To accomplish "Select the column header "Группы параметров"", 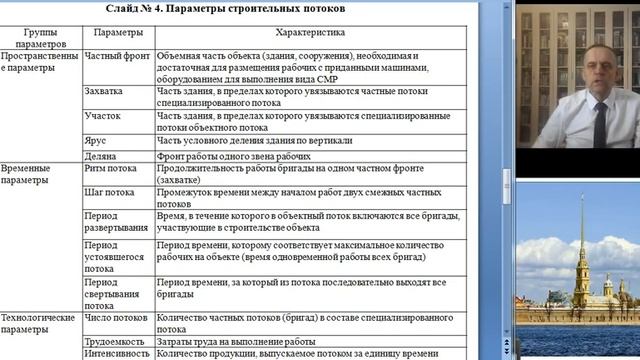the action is click(x=41, y=38).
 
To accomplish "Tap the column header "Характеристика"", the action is click(x=315, y=33).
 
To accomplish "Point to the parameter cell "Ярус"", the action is click(x=97, y=141).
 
